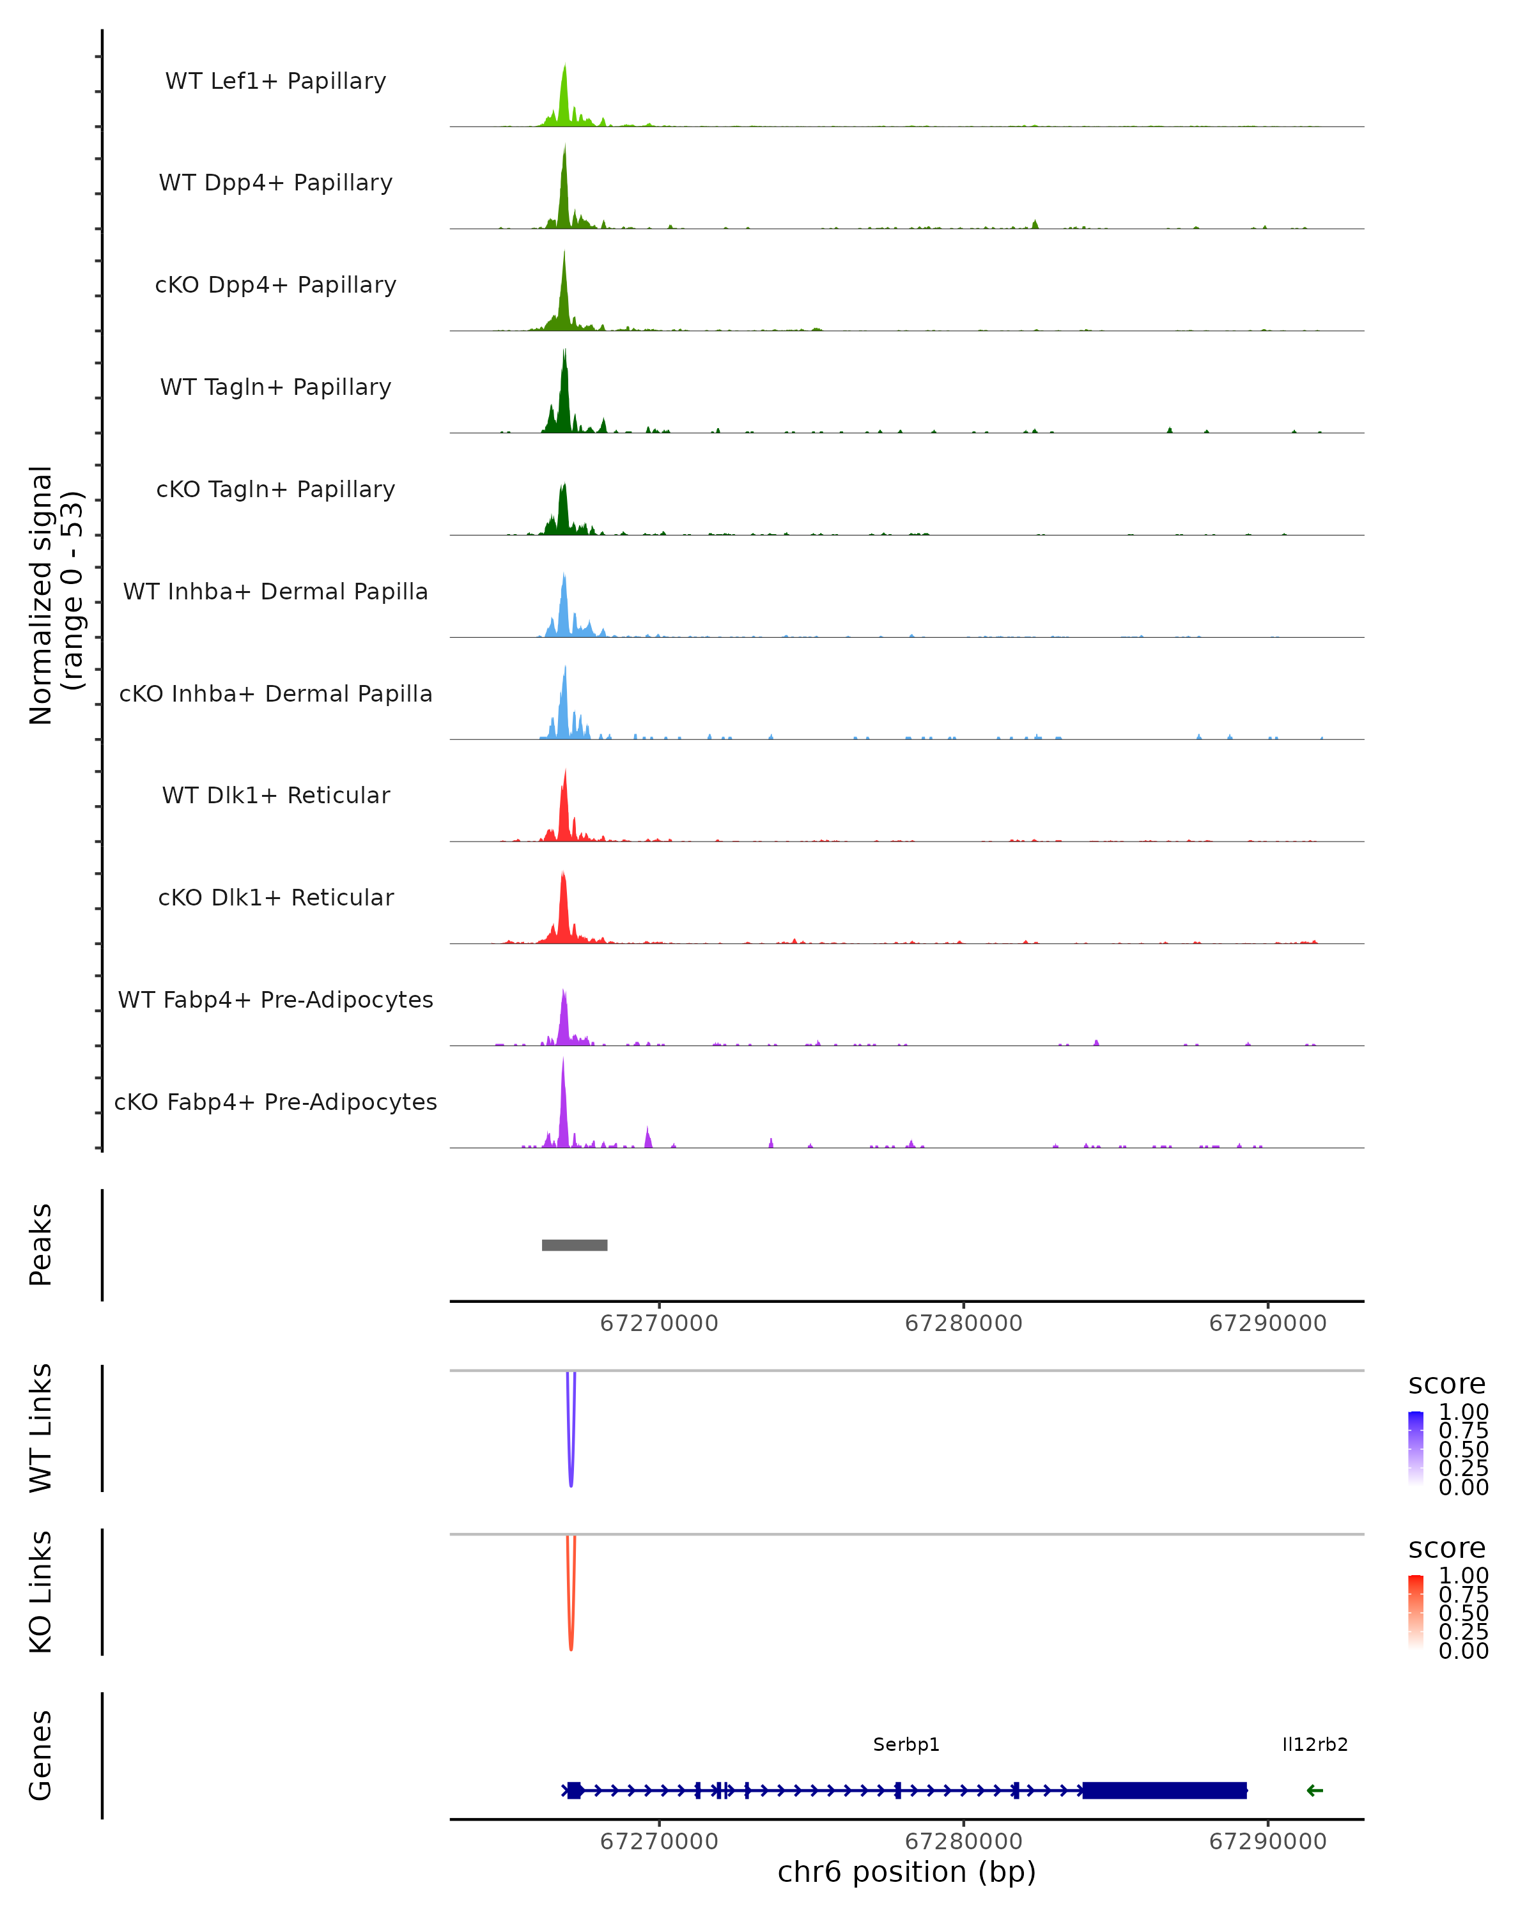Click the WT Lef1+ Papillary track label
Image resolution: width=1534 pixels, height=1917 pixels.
[275, 81]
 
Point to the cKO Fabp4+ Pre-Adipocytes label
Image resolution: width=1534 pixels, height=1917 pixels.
[275, 1102]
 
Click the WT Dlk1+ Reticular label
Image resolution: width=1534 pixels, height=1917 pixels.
[275, 795]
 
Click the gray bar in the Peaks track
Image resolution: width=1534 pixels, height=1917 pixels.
[575, 1245]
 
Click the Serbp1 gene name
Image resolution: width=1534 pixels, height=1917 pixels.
[906, 1744]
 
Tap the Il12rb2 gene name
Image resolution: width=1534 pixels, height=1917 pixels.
[1314, 1744]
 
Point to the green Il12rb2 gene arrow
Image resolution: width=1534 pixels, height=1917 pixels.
[1314, 1790]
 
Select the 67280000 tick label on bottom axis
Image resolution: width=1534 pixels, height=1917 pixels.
[963, 1842]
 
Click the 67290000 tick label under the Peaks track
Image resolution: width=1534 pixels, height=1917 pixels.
[1267, 1323]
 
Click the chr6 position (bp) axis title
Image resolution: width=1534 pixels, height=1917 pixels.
[906, 1872]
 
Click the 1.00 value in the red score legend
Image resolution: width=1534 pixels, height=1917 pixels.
[1463, 1576]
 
